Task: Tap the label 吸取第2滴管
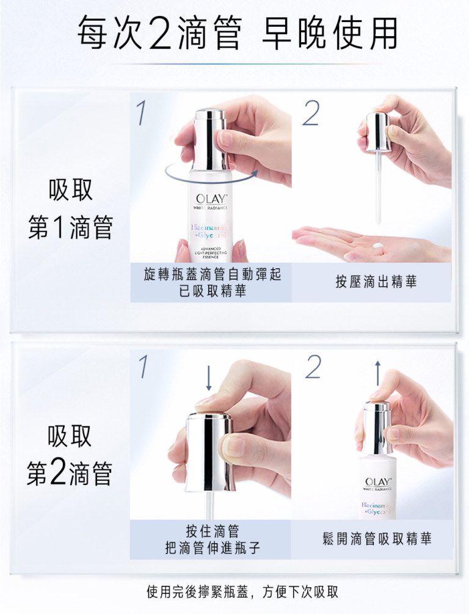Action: [x=70, y=456]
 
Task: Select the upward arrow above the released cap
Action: [x=377, y=372]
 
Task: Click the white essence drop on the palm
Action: [x=379, y=247]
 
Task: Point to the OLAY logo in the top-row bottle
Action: [x=211, y=199]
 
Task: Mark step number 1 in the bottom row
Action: [x=142, y=367]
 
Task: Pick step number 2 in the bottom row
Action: [x=313, y=367]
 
